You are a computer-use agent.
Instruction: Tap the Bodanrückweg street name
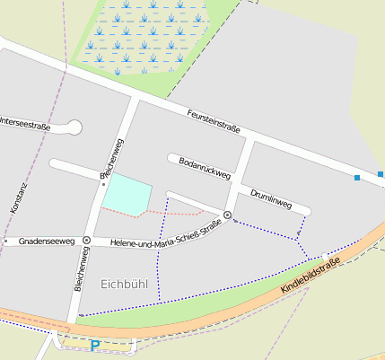199,164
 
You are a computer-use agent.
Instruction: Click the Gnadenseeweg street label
47,241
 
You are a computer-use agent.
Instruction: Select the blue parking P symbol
95,345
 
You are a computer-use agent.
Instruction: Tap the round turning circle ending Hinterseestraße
74,127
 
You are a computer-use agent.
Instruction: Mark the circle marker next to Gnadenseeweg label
86,241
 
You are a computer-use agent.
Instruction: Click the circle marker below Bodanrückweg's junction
227,215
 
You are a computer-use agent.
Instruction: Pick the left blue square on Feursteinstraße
357,178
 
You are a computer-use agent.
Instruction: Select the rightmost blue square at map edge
381,173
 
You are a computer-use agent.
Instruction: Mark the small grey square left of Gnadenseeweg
6,241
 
